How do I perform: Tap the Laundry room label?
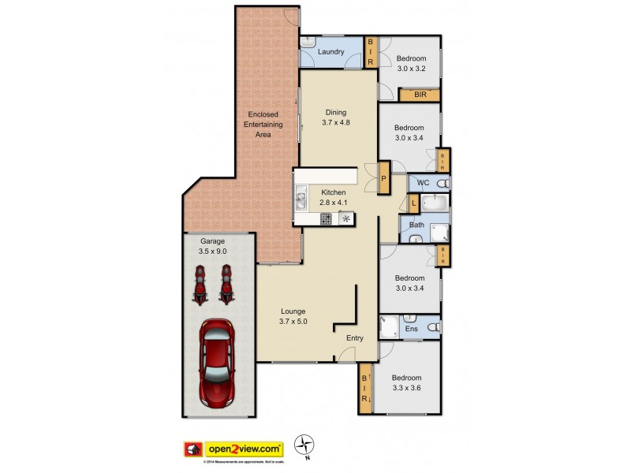(x=331, y=53)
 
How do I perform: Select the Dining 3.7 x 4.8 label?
(x=335, y=117)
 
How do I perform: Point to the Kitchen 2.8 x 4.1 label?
(x=333, y=197)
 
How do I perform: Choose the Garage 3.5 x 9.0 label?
(x=212, y=246)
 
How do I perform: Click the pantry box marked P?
(x=384, y=178)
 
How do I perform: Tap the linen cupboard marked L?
(x=414, y=203)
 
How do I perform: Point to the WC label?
(x=423, y=183)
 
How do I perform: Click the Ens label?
(x=411, y=328)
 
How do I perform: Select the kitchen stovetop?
(x=326, y=218)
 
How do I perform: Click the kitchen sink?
(x=301, y=201)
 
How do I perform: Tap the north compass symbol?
(x=305, y=444)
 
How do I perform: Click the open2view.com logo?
(x=234, y=447)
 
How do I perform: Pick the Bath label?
(x=416, y=225)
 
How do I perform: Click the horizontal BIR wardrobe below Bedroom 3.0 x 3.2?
(x=420, y=95)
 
